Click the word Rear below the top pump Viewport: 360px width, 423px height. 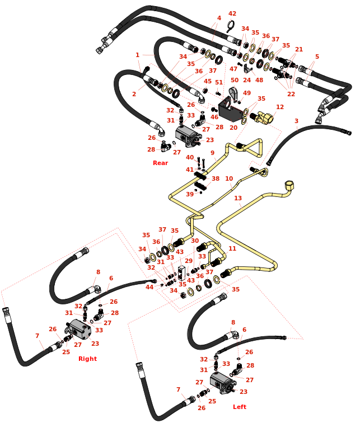[160, 163]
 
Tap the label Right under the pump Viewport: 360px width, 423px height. [87, 359]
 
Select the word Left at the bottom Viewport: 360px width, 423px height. [240, 407]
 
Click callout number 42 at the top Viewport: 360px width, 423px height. [232, 13]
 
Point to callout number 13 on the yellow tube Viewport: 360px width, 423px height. [238, 198]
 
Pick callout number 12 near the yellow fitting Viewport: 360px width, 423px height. [280, 106]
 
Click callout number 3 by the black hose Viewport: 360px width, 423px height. [296, 121]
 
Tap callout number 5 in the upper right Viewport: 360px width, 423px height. [317, 57]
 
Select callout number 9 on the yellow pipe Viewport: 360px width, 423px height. [213, 153]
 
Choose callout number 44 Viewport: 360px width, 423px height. [149, 287]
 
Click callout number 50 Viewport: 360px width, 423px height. [235, 81]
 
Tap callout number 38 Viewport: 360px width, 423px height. [216, 179]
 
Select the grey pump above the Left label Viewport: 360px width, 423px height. [223, 383]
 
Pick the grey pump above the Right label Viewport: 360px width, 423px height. [76, 330]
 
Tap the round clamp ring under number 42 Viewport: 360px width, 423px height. [230, 26]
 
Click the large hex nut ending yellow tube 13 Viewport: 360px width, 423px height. [289, 186]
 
